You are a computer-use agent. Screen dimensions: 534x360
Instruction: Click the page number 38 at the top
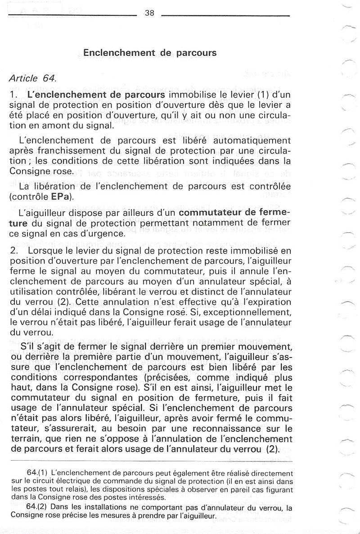150,14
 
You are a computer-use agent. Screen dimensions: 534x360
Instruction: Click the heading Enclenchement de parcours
150,53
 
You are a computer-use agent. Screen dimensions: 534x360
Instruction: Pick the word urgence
107,233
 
